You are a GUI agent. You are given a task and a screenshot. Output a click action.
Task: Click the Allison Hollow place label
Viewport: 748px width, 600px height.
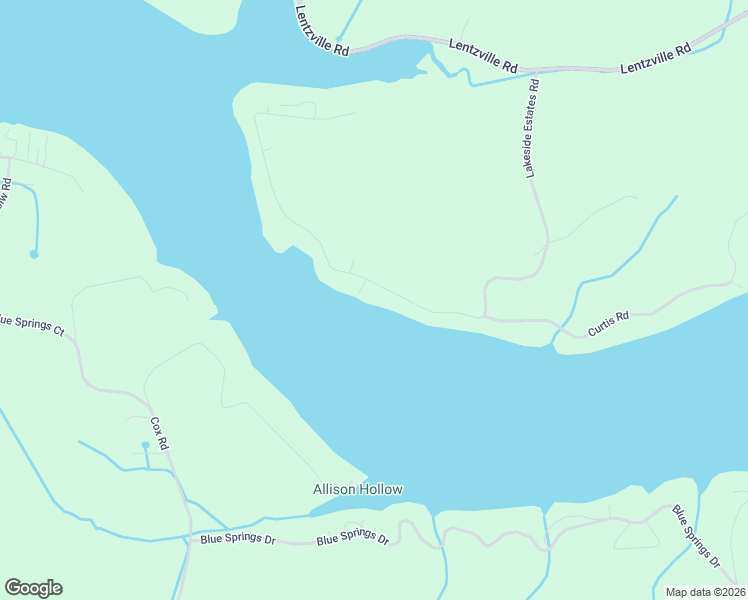(358, 489)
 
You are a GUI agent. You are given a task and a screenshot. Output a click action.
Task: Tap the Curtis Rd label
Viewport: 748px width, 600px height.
(608, 322)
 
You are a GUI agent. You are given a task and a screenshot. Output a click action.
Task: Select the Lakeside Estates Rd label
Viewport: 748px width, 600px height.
(532, 128)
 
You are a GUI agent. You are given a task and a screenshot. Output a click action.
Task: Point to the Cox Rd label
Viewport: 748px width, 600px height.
(160, 431)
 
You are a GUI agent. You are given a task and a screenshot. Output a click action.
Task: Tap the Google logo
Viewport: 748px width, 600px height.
(33, 588)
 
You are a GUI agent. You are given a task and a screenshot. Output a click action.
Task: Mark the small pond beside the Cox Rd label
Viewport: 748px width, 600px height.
(145, 444)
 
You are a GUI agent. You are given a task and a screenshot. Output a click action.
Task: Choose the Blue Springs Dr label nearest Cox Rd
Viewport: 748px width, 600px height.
(237, 539)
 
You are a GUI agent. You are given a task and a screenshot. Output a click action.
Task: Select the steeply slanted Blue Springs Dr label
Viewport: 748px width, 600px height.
(696, 537)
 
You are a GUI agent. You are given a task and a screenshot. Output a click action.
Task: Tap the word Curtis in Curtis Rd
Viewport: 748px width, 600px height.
(601, 325)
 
